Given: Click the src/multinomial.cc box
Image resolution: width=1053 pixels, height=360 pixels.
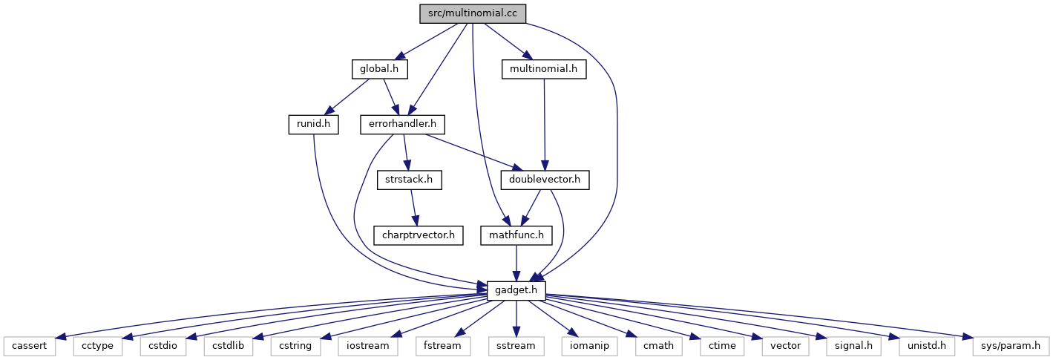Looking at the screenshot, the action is point(473,13).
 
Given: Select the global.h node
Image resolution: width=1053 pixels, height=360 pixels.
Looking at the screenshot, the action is point(379,69).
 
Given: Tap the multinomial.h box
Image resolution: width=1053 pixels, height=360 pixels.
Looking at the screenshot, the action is point(544,69).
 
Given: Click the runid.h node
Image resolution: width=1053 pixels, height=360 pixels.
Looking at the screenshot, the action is point(314,125).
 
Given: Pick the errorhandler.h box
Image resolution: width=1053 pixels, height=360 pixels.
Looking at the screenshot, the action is point(402,125).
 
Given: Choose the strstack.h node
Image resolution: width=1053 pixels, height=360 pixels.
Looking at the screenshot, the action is point(409,180).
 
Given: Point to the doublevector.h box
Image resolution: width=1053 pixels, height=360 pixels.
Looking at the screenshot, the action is point(545,180).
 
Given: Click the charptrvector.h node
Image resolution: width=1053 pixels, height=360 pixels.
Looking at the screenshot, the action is point(419,235).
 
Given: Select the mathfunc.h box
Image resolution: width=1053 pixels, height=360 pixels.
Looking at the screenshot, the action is point(516,235).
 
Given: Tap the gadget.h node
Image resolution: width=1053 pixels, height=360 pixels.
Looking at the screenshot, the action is point(516,291).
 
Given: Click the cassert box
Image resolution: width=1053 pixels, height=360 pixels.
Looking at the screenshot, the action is point(29,347).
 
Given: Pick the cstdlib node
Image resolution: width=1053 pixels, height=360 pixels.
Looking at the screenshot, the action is point(228,347).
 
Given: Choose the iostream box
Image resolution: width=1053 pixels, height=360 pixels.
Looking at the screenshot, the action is point(367,347).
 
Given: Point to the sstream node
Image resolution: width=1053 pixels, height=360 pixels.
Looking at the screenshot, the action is point(516,347).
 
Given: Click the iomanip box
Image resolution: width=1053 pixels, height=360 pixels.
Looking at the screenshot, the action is point(589,347).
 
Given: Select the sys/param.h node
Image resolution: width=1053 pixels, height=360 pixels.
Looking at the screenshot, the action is point(1011,347).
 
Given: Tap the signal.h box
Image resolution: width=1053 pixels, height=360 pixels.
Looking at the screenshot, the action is point(853,347).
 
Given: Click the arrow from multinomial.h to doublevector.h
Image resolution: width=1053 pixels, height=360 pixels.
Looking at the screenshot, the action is point(545,125).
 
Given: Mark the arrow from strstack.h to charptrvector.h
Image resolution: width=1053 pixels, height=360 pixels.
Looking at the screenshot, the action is point(413,208).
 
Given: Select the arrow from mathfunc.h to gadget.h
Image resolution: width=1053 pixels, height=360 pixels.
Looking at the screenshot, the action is point(516,264).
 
